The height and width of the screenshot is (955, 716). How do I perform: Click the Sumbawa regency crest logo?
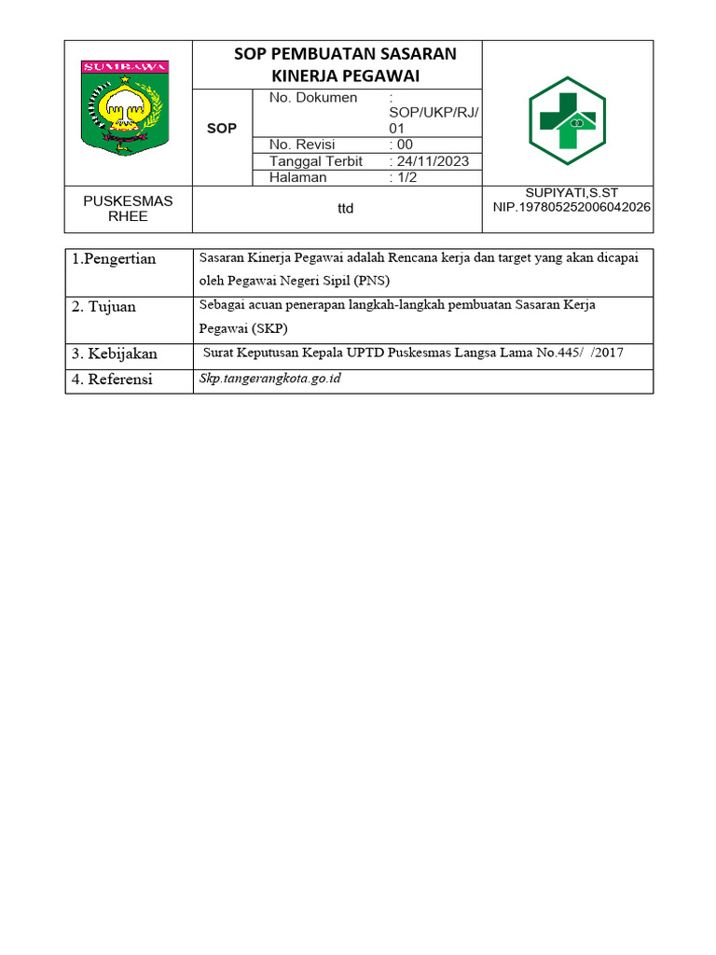[x=127, y=108]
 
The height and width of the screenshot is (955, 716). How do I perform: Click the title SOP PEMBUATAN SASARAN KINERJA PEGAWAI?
[x=345, y=63]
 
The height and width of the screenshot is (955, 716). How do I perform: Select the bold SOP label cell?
[x=222, y=128]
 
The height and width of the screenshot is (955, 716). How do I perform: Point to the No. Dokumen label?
[x=313, y=98]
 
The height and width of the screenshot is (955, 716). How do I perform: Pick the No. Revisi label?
[x=302, y=145]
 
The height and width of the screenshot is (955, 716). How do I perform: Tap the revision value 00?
[x=404, y=145]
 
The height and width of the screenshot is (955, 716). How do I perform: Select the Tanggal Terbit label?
[x=315, y=161]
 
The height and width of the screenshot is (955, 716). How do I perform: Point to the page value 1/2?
[x=406, y=177]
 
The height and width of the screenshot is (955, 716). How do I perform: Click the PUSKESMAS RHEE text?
[x=129, y=208]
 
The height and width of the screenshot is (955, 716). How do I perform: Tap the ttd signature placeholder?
[x=346, y=209]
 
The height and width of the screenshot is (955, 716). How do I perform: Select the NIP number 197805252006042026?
[x=571, y=207]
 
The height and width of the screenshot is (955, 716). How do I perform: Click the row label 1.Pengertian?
[x=114, y=259]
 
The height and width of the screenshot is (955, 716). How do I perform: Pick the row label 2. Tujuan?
[x=104, y=307]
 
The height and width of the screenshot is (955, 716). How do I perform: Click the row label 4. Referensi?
[x=113, y=380]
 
